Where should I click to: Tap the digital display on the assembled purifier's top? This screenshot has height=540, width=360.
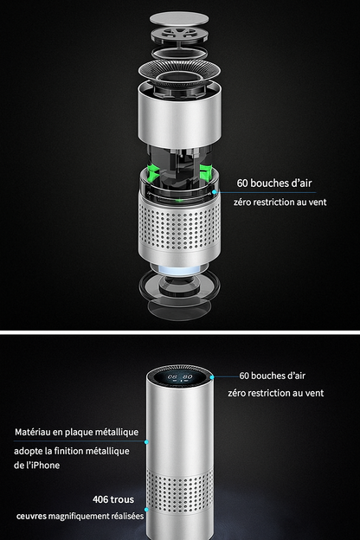(x=181, y=377)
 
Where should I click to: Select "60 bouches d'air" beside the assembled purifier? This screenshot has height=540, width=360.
(x=273, y=376)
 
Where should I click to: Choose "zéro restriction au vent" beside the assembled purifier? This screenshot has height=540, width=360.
(x=276, y=393)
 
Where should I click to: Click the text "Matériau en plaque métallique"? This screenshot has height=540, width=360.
(x=76, y=432)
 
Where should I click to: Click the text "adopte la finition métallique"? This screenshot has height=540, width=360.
(x=71, y=451)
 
